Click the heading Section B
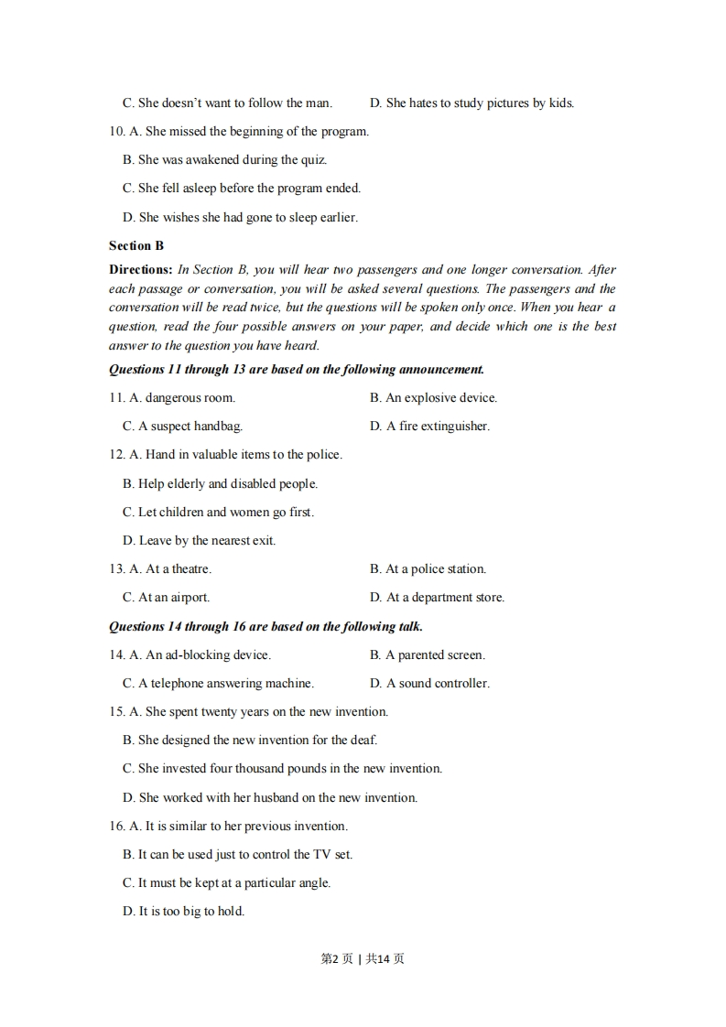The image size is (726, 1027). tap(136, 245)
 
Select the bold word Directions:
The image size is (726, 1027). tap(140, 269)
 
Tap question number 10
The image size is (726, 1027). tap(116, 131)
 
